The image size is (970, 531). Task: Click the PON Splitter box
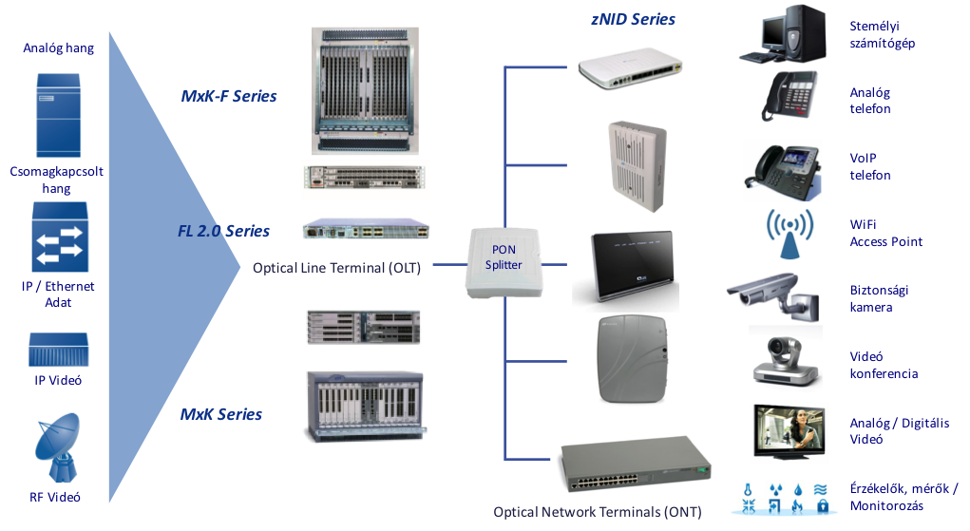click(504, 263)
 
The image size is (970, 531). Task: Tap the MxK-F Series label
click(229, 96)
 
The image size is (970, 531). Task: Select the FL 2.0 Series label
click(224, 231)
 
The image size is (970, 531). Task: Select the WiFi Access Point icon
click(790, 235)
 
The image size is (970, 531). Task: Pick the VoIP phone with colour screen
click(782, 169)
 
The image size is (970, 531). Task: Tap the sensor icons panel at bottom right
click(784, 499)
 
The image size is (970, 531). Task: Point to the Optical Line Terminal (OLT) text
click(336, 268)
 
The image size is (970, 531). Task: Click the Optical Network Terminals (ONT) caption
click(597, 512)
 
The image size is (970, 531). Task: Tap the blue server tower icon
click(57, 113)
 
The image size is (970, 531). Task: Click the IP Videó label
click(58, 381)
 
